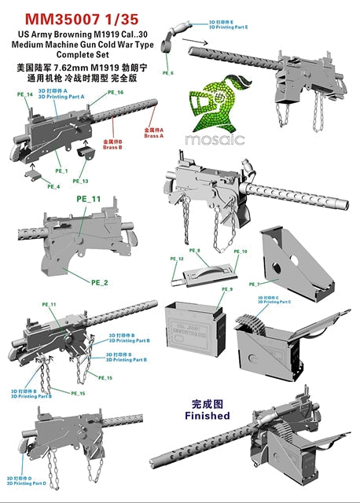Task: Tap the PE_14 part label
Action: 25,94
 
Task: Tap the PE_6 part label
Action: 167,72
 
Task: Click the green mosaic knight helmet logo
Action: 215,106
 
